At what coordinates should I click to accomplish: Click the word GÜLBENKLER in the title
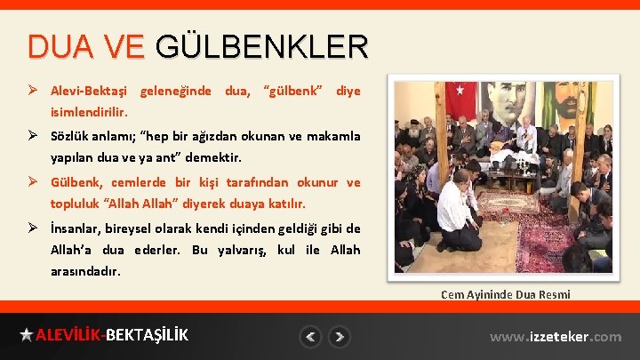[x=260, y=46]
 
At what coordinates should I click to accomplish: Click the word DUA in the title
[x=57, y=46]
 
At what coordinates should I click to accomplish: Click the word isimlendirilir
[x=89, y=114]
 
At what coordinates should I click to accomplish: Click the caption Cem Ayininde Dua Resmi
[x=505, y=294]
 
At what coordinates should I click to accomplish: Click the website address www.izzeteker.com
[x=556, y=337]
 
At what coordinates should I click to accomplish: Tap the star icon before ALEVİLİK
[x=27, y=335]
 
